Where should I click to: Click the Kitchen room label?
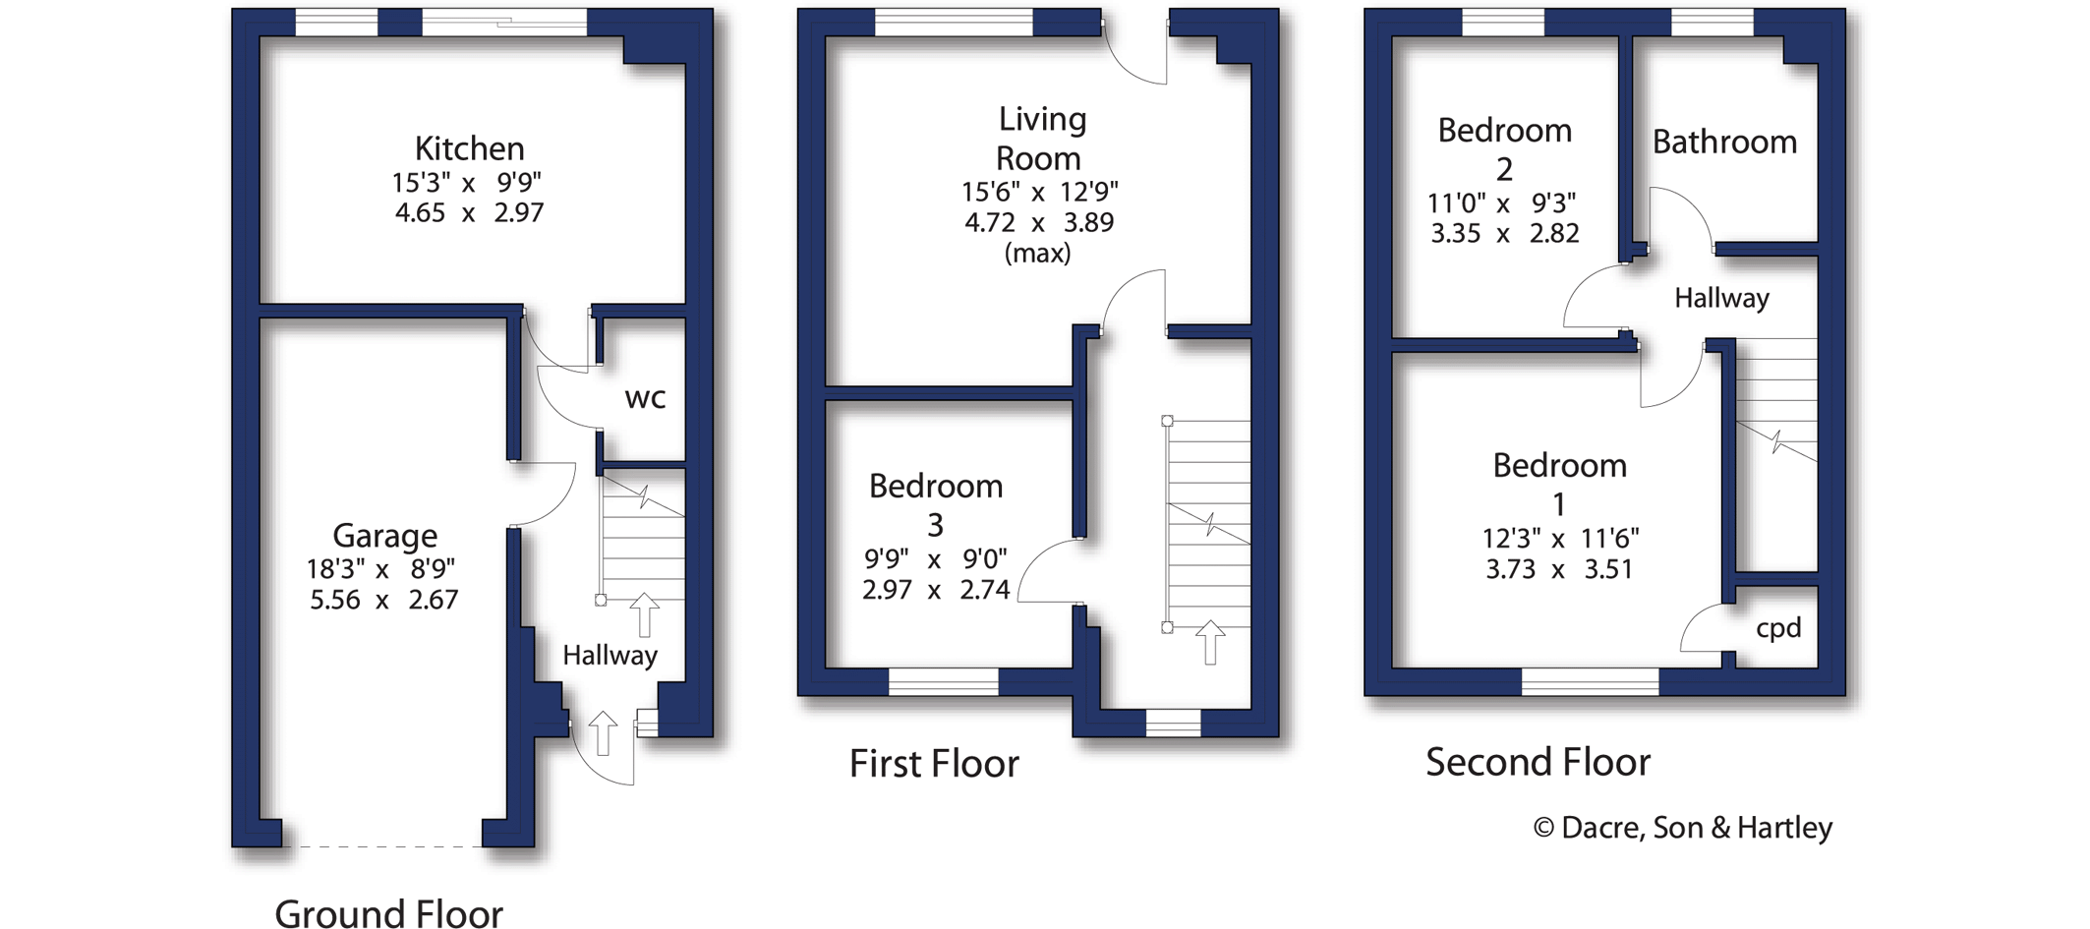click(469, 148)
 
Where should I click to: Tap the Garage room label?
click(384, 536)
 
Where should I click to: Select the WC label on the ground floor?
click(645, 398)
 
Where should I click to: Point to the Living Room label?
click(1040, 138)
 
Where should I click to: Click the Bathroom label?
click(1724, 143)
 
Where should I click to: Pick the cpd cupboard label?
click(1778, 628)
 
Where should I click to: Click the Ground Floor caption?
click(388, 913)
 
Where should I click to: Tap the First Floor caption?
click(934, 764)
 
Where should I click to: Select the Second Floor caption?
click(1538, 762)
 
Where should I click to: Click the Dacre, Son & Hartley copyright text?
click(1683, 828)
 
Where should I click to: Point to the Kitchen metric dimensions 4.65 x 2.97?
click(469, 213)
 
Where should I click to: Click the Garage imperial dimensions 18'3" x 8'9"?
click(380, 569)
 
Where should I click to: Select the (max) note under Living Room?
click(1037, 254)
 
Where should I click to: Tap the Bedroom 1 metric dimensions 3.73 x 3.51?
click(1558, 570)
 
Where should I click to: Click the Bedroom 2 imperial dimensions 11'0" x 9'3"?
click(1501, 203)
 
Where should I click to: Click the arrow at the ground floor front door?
click(603, 733)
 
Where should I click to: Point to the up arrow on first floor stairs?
click(1210, 642)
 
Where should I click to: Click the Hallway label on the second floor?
click(1721, 298)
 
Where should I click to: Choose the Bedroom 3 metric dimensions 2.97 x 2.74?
click(935, 590)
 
